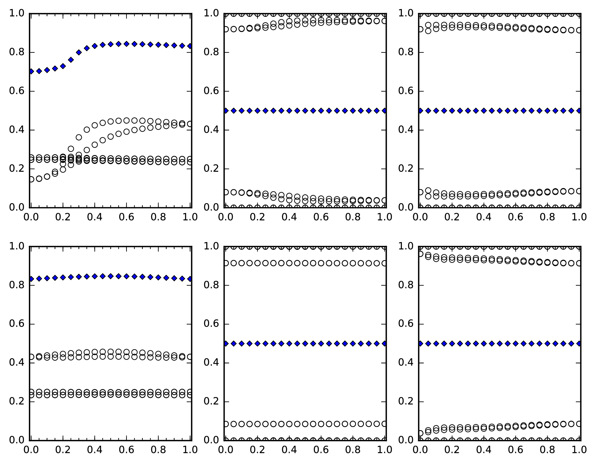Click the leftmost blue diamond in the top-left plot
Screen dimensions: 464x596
pos(31,71)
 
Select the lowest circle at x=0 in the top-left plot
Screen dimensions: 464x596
pos(31,179)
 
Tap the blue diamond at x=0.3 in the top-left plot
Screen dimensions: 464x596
pos(79,52)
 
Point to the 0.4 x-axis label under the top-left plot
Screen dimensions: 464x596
pos(95,217)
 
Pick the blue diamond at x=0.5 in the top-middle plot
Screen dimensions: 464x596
pos(305,111)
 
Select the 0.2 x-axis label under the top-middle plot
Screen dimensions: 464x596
pos(257,217)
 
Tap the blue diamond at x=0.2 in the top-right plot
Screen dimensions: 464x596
pos(452,111)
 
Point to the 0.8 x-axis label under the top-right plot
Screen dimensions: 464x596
pos(547,217)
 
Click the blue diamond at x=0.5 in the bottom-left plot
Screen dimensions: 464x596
pos(111,276)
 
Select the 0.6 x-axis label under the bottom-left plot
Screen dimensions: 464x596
pos(127,450)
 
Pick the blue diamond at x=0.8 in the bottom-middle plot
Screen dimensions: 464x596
pos(353,343)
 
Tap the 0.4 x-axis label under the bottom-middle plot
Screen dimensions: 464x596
pos(289,450)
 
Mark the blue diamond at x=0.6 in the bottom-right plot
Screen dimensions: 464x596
pos(516,343)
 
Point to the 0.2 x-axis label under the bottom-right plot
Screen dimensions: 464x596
pos(452,450)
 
